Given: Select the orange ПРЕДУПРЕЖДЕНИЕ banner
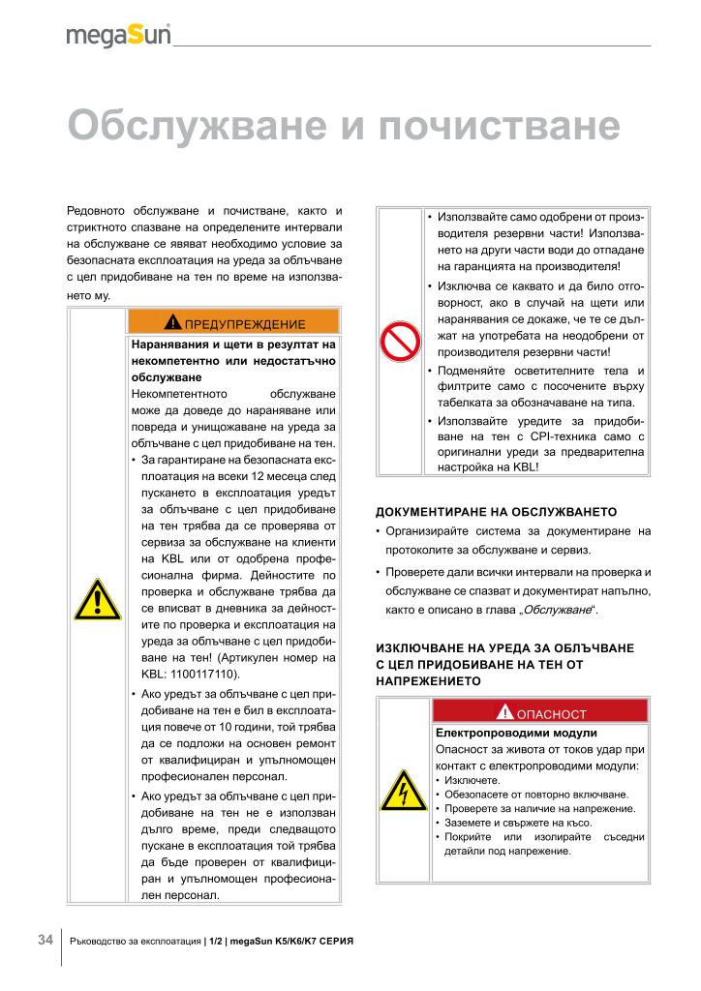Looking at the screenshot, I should (x=233, y=322).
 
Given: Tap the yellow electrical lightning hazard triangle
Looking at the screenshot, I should (x=401, y=792).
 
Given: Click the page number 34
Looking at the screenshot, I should (x=45, y=940).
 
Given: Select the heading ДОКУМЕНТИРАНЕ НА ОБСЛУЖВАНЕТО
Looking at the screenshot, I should (x=495, y=511).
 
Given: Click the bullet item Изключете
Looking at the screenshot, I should (x=472, y=779).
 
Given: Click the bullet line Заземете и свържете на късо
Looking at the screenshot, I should (x=518, y=822).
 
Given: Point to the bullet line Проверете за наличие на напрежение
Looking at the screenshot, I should (x=536, y=808).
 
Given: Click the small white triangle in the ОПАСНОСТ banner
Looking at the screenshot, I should (x=504, y=713).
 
